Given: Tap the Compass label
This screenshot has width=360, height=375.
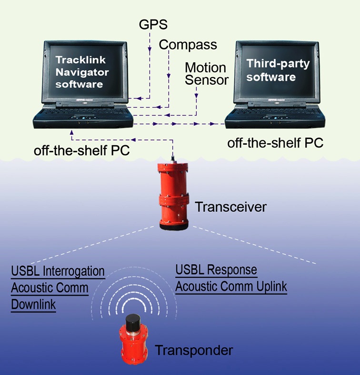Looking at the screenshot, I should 188,45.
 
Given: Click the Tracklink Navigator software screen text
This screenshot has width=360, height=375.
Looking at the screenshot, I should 82,72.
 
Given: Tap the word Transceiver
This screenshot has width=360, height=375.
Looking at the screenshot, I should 230,207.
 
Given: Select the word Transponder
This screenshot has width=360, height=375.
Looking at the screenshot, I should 194,351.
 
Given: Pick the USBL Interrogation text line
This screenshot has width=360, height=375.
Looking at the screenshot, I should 58,272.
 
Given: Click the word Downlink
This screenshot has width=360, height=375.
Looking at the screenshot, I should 33,305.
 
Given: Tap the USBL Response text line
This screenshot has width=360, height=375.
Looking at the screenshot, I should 216,270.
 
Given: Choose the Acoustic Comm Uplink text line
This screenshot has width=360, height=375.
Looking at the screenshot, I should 231,287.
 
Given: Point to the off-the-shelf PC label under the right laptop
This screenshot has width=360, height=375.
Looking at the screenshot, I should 275,142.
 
